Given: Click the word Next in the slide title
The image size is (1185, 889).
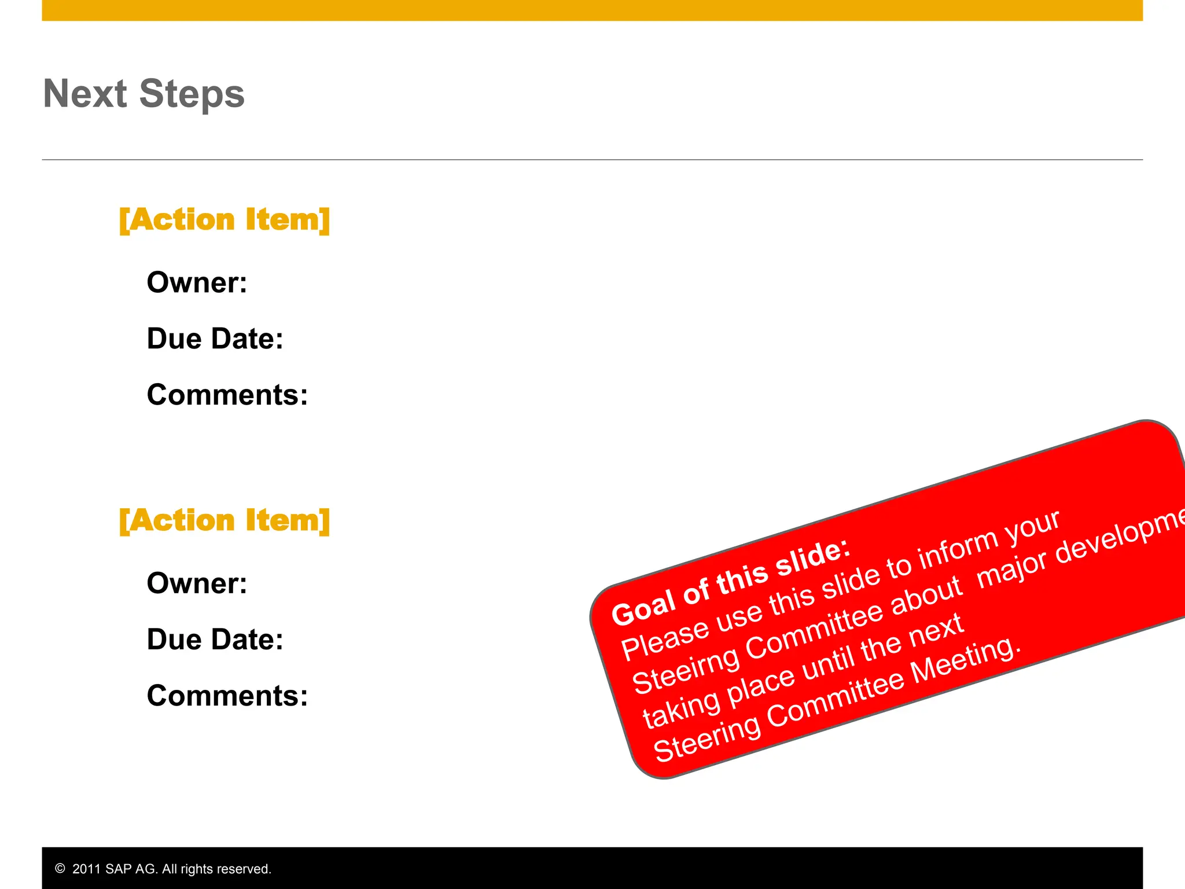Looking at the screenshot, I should point(84,94).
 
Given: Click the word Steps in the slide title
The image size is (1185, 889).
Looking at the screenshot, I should point(192,94).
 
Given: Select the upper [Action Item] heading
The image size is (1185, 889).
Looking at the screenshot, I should point(225,220).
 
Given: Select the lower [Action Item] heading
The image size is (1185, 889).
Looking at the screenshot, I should point(225,520).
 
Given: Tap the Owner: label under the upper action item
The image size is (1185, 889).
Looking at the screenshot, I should point(197,282).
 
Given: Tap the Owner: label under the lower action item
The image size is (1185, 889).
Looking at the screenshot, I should point(197,583).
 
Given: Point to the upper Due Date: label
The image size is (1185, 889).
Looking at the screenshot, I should point(215,339).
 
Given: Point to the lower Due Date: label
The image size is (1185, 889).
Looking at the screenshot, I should point(215,640).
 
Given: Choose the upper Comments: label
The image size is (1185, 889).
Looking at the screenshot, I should point(227,395).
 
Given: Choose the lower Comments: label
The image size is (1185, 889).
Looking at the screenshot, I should point(227,696).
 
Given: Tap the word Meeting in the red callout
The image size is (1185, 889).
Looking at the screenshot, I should point(963,662).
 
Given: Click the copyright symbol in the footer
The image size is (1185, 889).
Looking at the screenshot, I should point(60,869).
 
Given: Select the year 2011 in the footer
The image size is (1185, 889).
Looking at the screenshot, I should point(86,869).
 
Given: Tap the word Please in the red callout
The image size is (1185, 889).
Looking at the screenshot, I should point(665,640).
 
